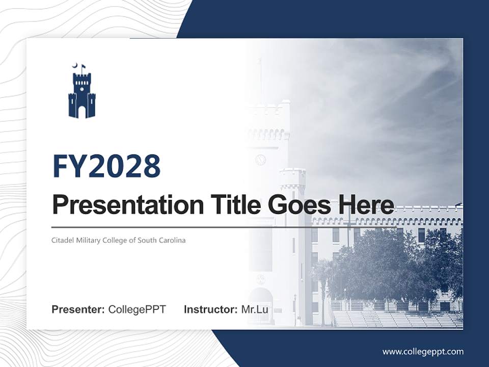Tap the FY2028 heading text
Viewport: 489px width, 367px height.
pos(106,166)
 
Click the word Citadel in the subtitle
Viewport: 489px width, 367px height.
pos(62,240)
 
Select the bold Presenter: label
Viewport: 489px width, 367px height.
pos(78,309)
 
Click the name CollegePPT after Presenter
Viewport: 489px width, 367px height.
pos(137,309)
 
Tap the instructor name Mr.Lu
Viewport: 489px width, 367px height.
pos(254,309)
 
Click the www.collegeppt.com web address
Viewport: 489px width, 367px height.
pos(423,351)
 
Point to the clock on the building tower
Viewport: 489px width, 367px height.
pos(260,160)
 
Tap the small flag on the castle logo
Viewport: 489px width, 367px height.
pos(83,66)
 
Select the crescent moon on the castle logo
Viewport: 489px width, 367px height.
pos(74,65)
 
